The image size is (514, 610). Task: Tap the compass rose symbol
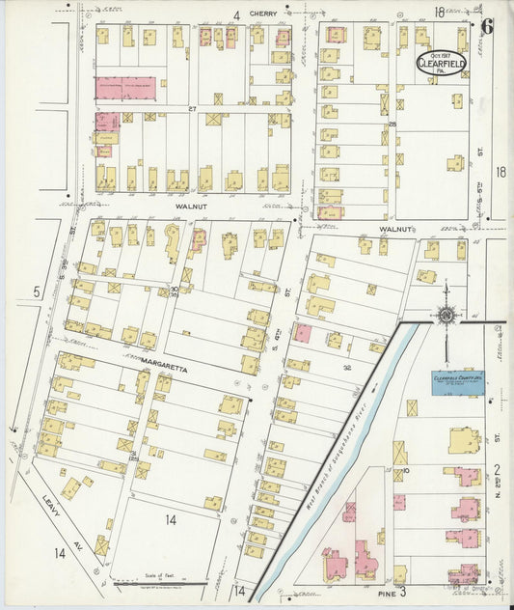pos(446,313)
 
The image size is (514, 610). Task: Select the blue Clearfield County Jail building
pos(457,383)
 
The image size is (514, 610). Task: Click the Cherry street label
pos(262,14)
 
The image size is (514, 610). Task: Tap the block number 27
pos(192,109)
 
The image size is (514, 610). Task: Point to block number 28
pos(392,124)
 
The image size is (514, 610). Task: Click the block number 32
pos(346,367)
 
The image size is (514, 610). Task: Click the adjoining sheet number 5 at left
pos(36,291)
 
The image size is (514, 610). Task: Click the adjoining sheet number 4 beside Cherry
pos(235,14)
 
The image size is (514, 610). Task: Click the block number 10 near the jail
pos(407,470)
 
